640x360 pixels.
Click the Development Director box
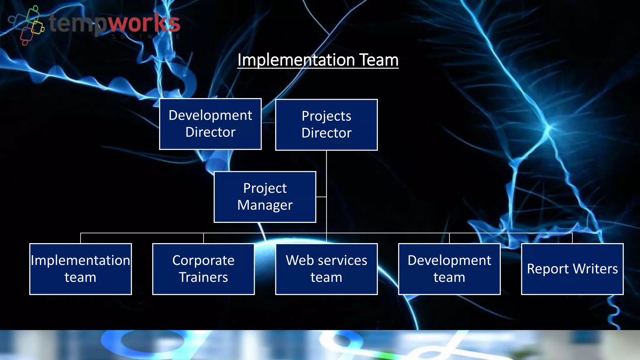(210, 124)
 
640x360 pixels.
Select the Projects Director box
(326, 125)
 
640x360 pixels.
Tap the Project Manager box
(265, 197)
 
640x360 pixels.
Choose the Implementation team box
(80, 269)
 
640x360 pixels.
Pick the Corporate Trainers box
(203, 269)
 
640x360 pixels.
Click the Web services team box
(326, 269)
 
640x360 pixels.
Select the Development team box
(449, 269)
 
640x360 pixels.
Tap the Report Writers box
(572, 269)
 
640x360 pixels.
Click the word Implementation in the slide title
(296, 60)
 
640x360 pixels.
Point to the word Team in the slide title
(379, 60)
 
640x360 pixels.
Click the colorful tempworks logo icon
(28, 25)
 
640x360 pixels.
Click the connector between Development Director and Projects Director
(268, 122)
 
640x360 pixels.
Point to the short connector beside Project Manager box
(321, 197)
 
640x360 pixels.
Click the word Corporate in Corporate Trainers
(203, 260)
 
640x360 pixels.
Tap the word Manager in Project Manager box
(265, 205)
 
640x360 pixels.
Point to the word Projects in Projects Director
(326, 116)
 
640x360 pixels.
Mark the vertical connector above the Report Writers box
(572, 238)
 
